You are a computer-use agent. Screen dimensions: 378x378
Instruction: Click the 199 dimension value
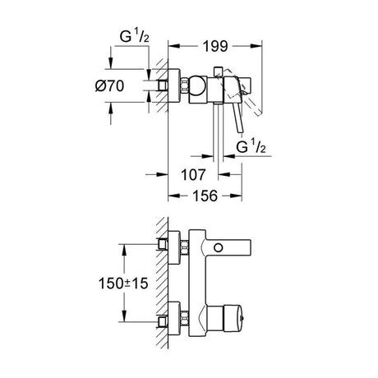pos(215,47)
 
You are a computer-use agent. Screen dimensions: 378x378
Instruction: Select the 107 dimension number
pos(193,174)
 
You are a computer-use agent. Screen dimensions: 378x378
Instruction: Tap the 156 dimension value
pos(205,196)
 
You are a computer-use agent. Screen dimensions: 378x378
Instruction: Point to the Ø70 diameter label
pos(109,86)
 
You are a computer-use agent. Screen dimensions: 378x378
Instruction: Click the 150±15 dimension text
pos(123,283)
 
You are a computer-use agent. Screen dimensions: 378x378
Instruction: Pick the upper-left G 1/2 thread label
pos(135,37)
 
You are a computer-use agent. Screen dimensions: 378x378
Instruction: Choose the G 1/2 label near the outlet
pos(251,146)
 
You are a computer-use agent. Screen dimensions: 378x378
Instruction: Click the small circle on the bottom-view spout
pos(218,248)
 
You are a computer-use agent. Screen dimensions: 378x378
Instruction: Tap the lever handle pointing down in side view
pos(239,118)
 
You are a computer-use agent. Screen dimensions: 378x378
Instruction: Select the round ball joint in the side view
pos(197,85)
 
